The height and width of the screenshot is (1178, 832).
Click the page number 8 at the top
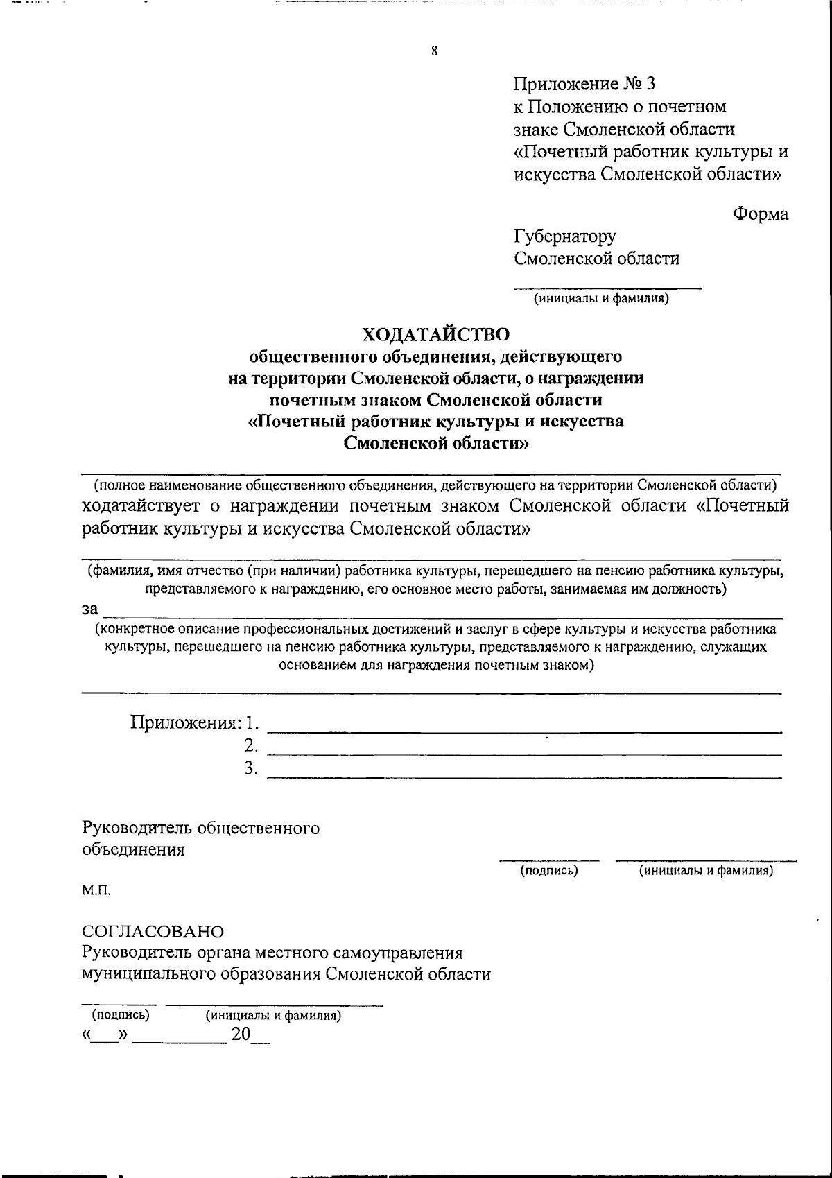tap(434, 51)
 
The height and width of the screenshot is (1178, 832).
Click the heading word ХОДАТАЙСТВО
tap(436, 334)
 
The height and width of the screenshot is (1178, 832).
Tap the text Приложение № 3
tap(584, 84)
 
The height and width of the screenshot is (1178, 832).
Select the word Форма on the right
tap(761, 214)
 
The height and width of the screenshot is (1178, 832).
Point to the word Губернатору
tap(564, 236)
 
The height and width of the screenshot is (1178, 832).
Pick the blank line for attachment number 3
tap(524, 777)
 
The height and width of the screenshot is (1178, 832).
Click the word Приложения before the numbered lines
tap(186, 723)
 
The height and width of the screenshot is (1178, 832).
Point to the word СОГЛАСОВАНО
tap(153, 930)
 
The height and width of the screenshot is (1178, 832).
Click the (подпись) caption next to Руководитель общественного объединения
tap(549, 871)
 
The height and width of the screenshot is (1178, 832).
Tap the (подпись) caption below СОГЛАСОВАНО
tap(121, 1015)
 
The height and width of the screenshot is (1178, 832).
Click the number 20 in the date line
tap(241, 1035)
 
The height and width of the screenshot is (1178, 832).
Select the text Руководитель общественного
tap(200, 828)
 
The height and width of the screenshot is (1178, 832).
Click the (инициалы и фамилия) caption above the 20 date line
tap(273, 1016)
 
